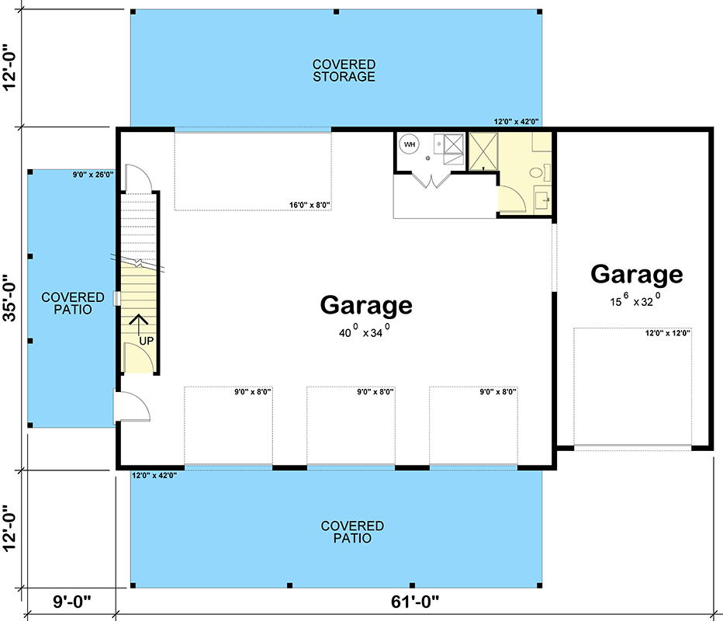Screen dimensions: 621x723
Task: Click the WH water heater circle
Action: pos(409,144)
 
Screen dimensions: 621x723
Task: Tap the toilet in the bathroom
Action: pos(536,172)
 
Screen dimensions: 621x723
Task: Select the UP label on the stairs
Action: pos(145,341)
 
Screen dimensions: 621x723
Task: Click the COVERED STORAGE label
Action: pos(344,70)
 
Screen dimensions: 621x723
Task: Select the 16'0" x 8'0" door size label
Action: pos(310,206)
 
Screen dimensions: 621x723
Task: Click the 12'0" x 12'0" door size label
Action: pos(668,333)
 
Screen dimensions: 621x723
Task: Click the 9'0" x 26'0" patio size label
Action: pos(92,175)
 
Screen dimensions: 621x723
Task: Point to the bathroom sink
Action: pos(542,200)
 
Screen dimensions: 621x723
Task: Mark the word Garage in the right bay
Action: pos(636,274)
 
